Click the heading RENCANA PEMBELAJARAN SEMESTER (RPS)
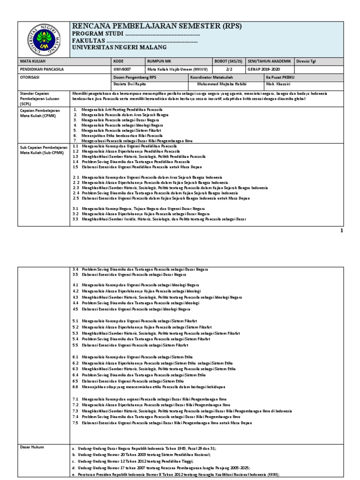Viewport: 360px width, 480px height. tap(157, 26)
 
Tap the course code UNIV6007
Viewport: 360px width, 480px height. tap(123, 69)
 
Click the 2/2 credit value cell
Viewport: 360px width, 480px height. tap(229, 69)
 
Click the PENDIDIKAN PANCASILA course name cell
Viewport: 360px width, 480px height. tap(42, 69)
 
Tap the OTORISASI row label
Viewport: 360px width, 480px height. tap(30, 77)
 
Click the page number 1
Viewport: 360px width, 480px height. tap(341, 231)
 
